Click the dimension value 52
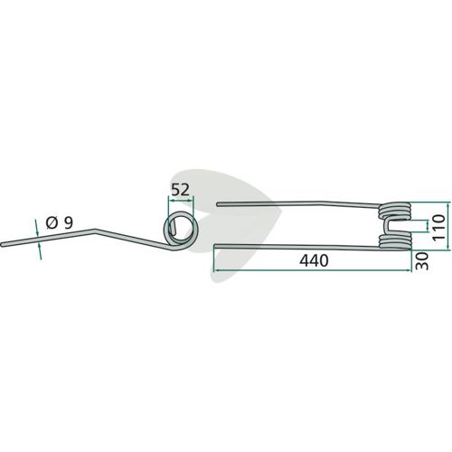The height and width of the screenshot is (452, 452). click(180, 190)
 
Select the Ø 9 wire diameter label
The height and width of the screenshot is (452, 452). click(60, 223)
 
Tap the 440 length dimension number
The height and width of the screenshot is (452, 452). click(314, 260)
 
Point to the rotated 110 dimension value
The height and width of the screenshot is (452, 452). click(439, 227)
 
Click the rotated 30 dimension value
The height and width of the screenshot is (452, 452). click(422, 261)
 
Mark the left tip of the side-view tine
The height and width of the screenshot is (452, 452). click(2, 245)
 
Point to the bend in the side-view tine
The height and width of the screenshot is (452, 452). click(95, 231)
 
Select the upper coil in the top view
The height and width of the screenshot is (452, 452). click(394, 211)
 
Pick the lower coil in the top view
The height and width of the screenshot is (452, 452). click(394, 242)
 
